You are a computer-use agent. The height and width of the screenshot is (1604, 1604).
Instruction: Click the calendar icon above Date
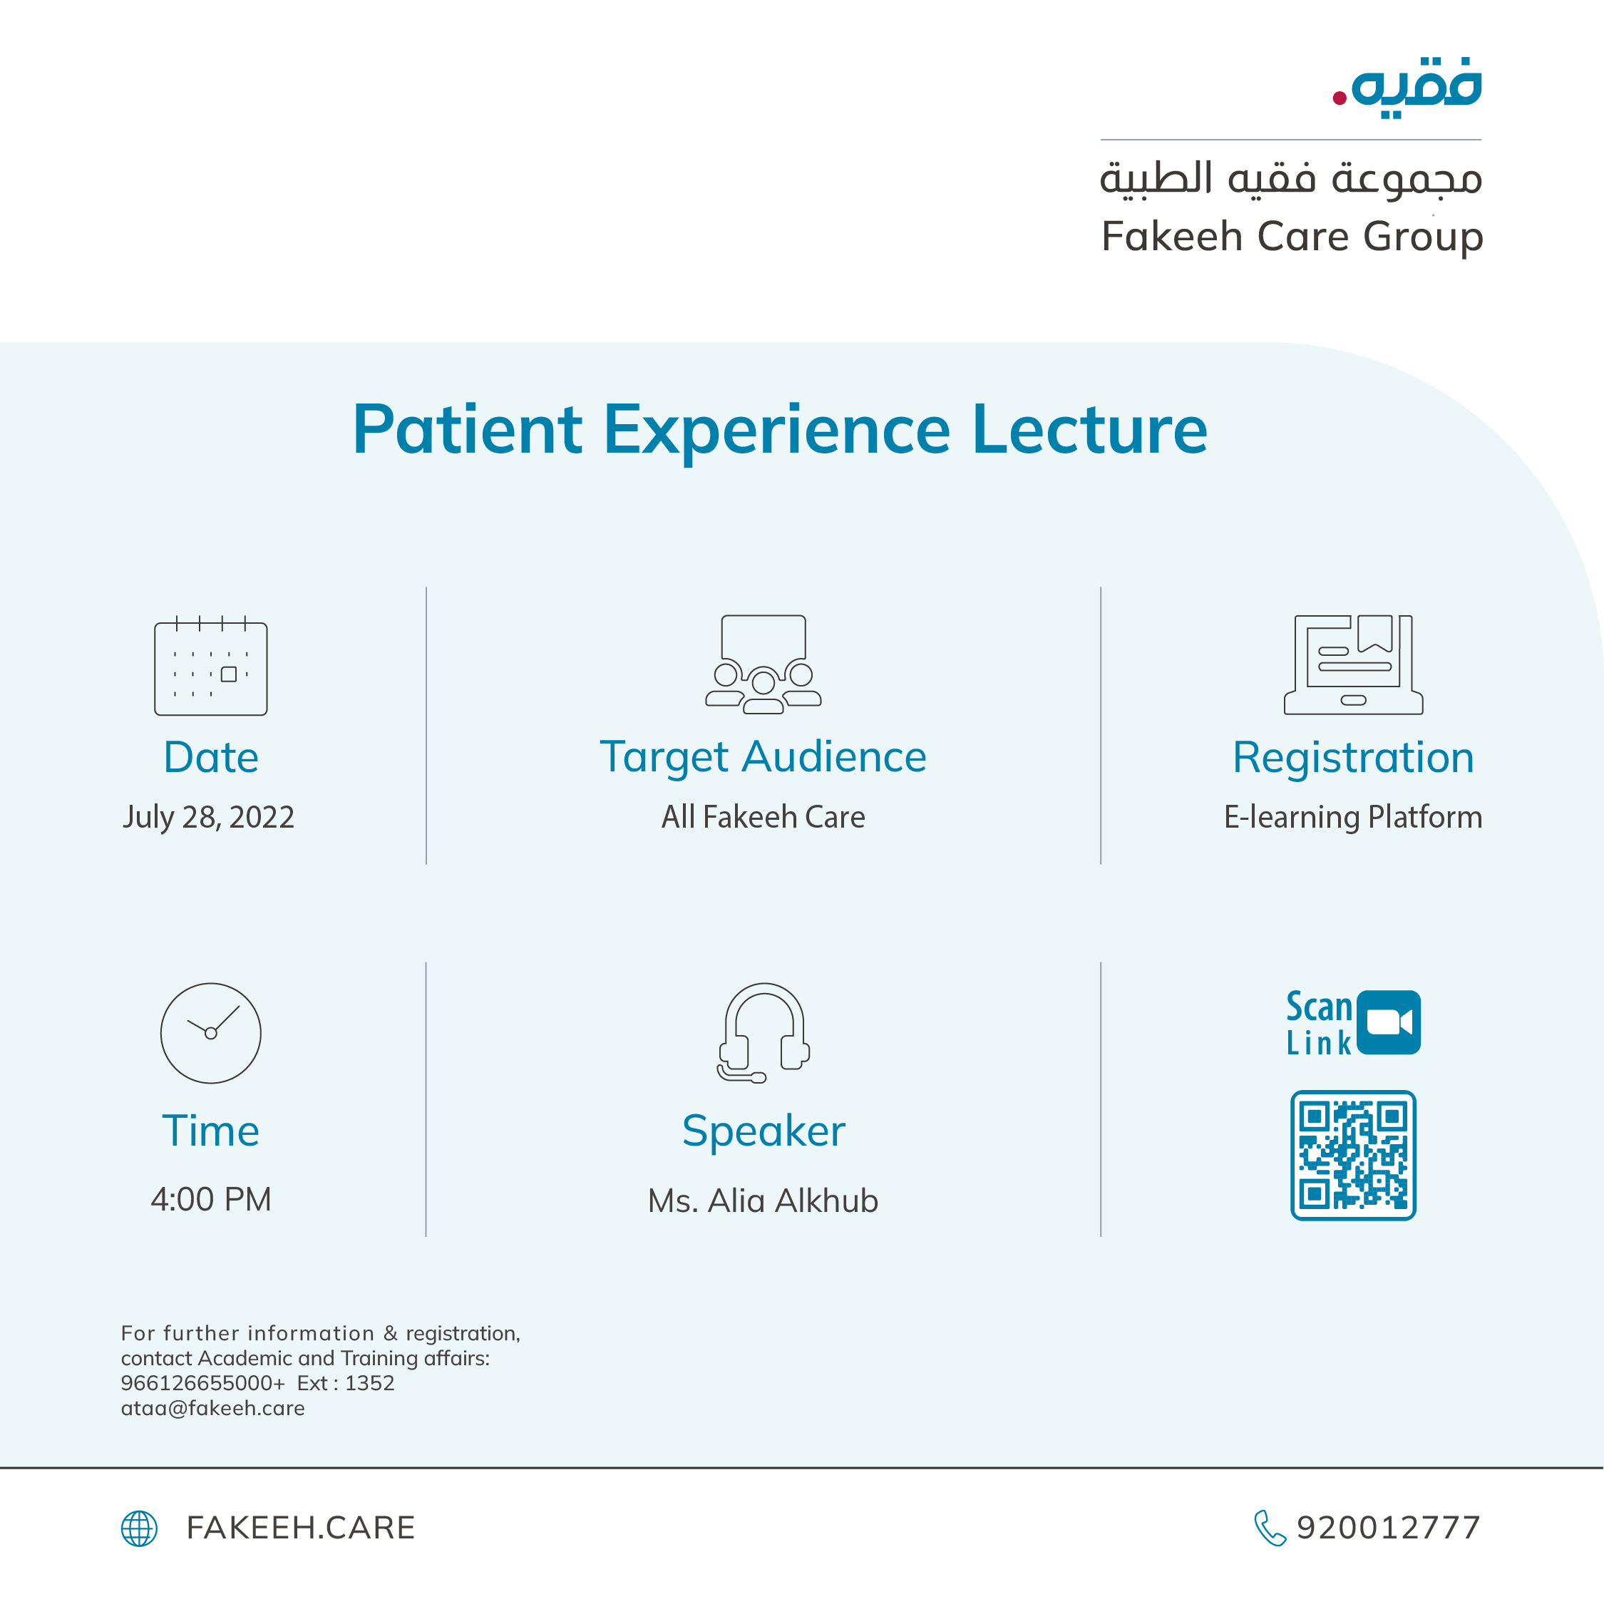point(211,667)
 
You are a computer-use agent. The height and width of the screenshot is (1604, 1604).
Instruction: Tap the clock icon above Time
point(211,1033)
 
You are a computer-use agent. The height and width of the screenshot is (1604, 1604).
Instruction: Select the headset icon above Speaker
point(763,1033)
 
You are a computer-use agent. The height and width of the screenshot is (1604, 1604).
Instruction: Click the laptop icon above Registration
point(1353,664)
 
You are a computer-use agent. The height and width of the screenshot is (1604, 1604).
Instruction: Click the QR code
point(1353,1155)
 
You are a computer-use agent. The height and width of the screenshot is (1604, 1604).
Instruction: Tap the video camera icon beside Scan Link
point(1388,1022)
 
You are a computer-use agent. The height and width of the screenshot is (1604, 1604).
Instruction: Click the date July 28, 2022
point(208,817)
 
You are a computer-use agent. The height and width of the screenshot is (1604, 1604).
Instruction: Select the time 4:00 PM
point(211,1199)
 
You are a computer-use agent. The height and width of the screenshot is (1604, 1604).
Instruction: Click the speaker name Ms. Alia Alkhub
point(763,1201)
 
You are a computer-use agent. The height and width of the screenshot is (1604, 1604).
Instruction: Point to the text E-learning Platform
point(1353,817)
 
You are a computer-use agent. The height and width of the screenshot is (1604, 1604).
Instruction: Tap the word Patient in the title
point(468,430)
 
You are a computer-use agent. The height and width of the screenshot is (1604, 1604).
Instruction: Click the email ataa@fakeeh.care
point(212,1408)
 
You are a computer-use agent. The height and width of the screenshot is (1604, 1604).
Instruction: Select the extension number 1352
point(369,1383)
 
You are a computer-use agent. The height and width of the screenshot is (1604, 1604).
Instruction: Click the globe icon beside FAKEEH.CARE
point(140,1528)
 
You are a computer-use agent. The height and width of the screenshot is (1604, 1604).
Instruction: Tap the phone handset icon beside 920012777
point(1270,1528)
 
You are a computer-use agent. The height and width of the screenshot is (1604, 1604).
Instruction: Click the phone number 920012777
point(1388,1528)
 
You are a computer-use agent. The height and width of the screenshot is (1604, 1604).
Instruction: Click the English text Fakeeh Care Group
point(1292,237)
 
